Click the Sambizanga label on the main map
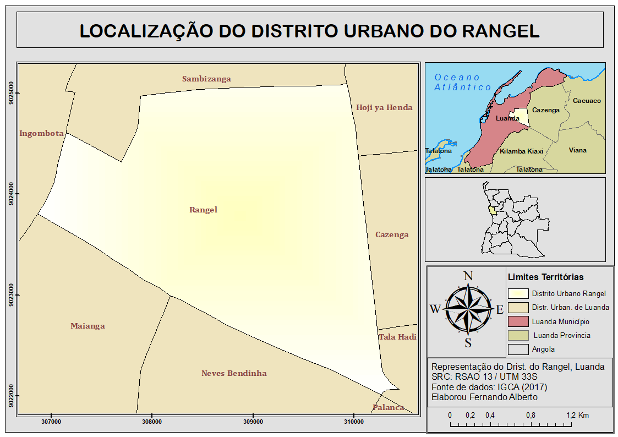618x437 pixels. tap(206, 79)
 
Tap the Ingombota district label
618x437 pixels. tap(41, 133)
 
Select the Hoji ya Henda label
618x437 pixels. tap(384, 107)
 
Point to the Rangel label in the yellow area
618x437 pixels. tap(204, 210)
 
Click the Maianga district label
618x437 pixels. tap(87, 326)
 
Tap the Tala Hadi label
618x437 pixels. tap(397, 337)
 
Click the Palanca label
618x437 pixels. tap(389, 407)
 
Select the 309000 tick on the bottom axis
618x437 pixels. tap(253, 422)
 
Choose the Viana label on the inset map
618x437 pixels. tap(578, 150)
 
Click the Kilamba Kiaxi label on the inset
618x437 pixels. tap(521, 151)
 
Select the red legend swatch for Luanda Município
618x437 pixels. tap(518, 321)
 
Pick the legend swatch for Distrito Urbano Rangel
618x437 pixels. tap(518, 294)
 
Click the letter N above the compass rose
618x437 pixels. tap(468, 276)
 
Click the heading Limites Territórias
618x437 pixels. tap(545, 277)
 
